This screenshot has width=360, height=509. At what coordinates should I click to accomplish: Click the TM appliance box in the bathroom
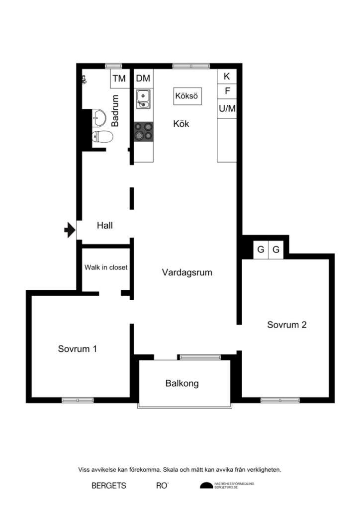tap(118, 79)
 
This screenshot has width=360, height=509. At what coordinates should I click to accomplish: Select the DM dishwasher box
tap(143, 79)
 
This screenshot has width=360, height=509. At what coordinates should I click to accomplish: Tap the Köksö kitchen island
tap(187, 96)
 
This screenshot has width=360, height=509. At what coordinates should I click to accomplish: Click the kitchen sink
tap(143, 98)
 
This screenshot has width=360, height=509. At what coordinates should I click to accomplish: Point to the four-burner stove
tap(143, 132)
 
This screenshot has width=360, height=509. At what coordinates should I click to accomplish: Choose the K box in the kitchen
tap(227, 77)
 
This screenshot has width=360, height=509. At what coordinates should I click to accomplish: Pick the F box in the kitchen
tap(227, 92)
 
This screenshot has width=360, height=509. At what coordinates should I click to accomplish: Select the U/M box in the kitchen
tap(227, 109)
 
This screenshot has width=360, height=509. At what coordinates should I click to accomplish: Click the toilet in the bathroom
tap(102, 137)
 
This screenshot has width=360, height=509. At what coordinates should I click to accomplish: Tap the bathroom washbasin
tap(99, 118)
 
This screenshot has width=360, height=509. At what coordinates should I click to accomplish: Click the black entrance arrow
tap(69, 230)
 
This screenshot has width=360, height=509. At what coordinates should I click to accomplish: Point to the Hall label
tap(105, 226)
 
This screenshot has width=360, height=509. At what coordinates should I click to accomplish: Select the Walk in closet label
tap(106, 267)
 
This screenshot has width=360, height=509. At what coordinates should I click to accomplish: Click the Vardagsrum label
tap(187, 272)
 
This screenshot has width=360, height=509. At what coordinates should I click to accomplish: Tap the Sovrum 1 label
tap(77, 349)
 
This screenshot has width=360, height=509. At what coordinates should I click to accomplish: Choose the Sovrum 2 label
tap(286, 325)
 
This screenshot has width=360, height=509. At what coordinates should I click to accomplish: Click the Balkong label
tap(182, 384)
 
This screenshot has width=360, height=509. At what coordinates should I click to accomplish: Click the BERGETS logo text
tap(109, 486)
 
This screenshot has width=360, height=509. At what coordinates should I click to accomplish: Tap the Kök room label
tap(181, 124)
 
